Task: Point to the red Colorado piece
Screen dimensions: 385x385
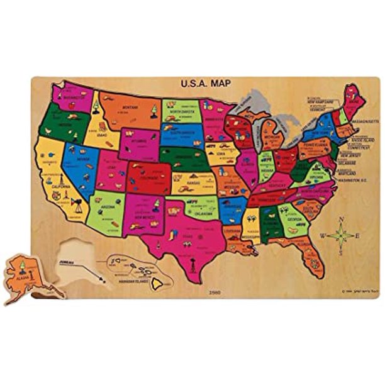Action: [148, 179]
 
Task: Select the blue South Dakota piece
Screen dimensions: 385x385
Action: [181, 135]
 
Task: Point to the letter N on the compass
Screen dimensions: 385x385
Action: [340, 220]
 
